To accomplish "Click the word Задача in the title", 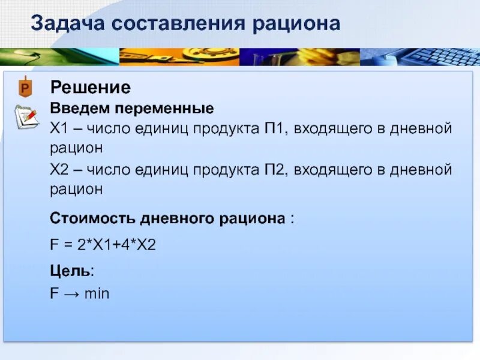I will point(67,24).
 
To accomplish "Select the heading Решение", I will point(90,88).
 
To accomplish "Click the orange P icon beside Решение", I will point(25,88).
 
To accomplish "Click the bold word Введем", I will point(76,109).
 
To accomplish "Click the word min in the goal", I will point(97,294).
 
